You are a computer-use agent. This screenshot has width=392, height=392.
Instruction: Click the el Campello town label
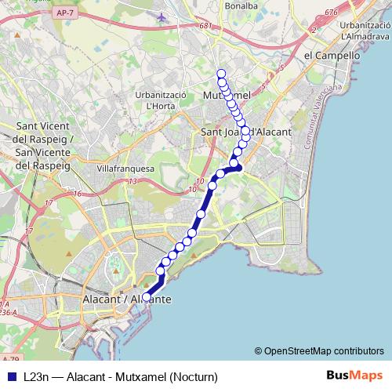(x=332, y=56)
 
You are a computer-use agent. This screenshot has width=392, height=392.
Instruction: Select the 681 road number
(x=206, y=26)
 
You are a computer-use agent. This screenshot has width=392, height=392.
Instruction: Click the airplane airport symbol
(x=162, y=16)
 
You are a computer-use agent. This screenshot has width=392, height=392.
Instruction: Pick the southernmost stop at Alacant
(x=147, y=297)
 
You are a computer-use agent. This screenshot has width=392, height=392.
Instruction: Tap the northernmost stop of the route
(x=222, y=74)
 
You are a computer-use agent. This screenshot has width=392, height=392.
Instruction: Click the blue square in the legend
(x=9, y=376)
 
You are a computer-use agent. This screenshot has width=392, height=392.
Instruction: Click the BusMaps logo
(x=354, y=376)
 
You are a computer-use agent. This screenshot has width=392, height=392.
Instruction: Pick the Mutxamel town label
(x=227, y=95)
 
